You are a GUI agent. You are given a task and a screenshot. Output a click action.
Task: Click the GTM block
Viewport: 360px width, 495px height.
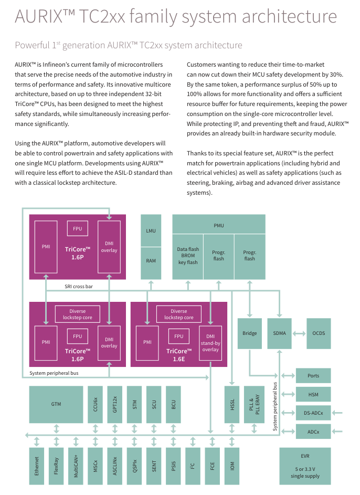56,405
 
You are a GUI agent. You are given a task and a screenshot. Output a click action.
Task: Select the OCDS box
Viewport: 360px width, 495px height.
319,333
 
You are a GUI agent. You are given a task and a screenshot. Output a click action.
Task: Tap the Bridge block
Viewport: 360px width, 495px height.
250,333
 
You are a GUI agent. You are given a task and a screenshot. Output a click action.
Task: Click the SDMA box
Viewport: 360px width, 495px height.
279,333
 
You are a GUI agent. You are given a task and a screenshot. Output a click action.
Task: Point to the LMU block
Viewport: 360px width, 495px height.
151,231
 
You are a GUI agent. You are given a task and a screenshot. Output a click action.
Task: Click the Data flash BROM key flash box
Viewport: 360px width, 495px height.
188,257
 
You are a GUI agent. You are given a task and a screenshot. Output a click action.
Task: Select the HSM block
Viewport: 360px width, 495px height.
313,394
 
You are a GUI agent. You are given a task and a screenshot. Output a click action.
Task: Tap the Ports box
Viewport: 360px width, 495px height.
313,376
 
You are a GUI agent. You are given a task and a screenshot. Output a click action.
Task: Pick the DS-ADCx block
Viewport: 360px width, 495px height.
313,413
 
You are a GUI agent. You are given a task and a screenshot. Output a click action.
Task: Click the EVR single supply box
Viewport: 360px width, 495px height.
305,466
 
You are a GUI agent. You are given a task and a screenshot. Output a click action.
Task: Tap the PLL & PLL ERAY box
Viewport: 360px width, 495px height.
254,405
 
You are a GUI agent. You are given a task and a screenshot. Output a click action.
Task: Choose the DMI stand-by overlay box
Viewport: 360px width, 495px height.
210,343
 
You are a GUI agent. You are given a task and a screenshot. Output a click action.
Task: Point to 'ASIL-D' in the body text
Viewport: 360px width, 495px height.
123,173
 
